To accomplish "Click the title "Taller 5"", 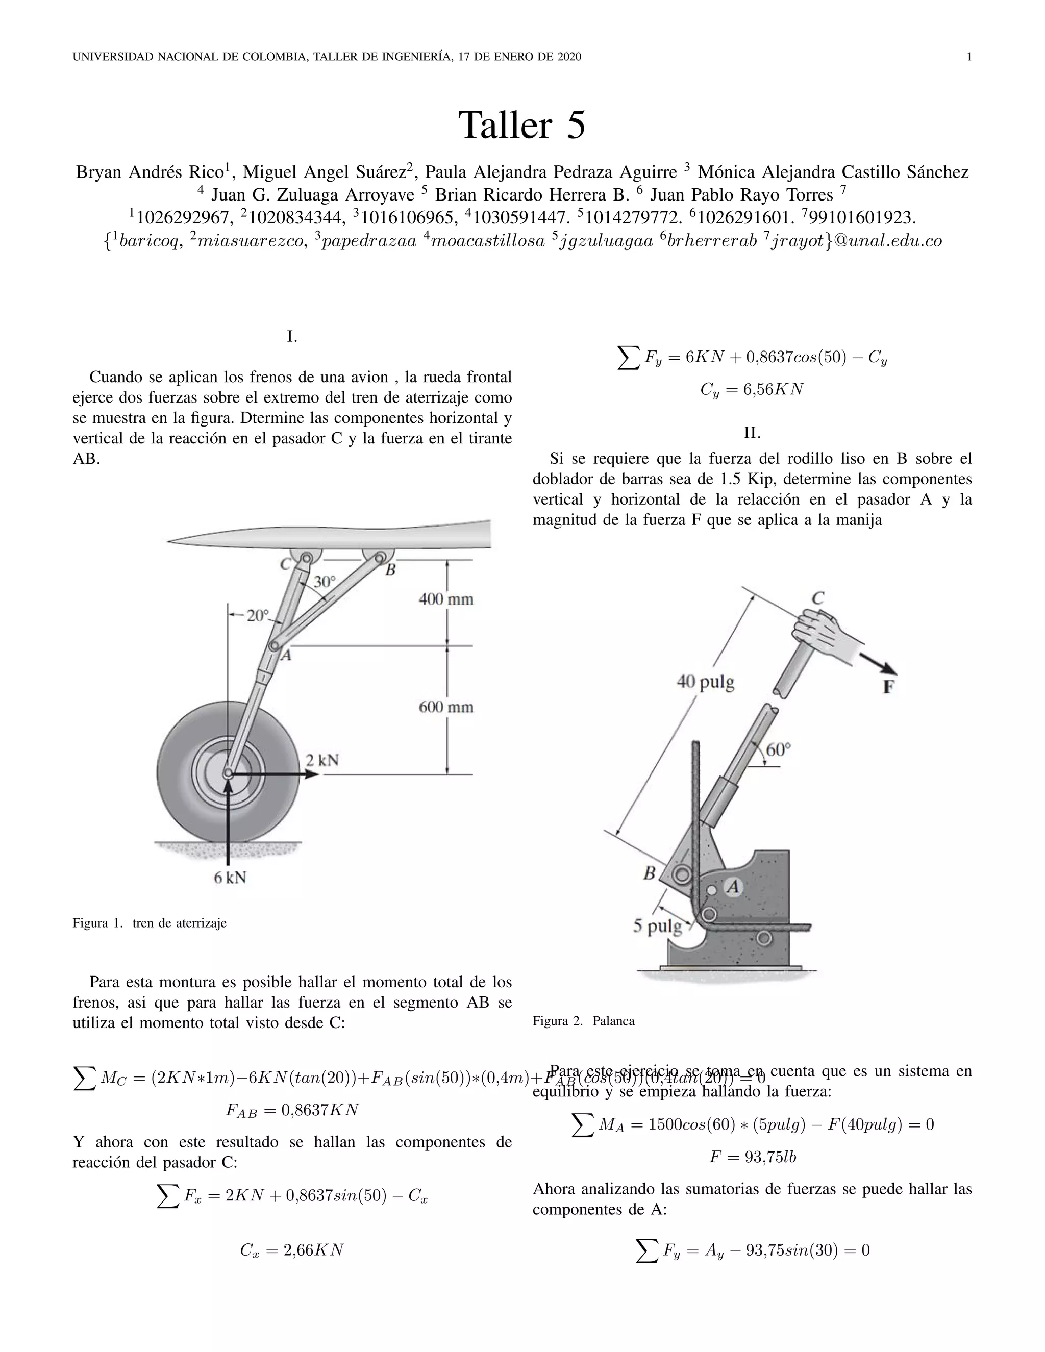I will tap(521, 126).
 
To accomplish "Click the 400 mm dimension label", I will tap(446, 599).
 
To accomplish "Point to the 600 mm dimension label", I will tap(446, 707).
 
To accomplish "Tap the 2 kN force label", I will tap(322, 760).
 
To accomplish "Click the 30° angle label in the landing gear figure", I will tap(324, 582).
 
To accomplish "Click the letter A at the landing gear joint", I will tap(285, 655).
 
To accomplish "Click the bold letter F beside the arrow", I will tap(888, 687).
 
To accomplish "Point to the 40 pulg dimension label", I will tap(705, 682).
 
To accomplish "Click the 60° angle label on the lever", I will tap(778, 749).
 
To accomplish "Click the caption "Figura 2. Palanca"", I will tap(583, 1021).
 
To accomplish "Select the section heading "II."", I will tap(752, 433).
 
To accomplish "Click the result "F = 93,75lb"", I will tap(752, 1157).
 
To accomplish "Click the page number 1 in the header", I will tap(969, 57).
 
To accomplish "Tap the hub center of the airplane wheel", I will tap(228, 773).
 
